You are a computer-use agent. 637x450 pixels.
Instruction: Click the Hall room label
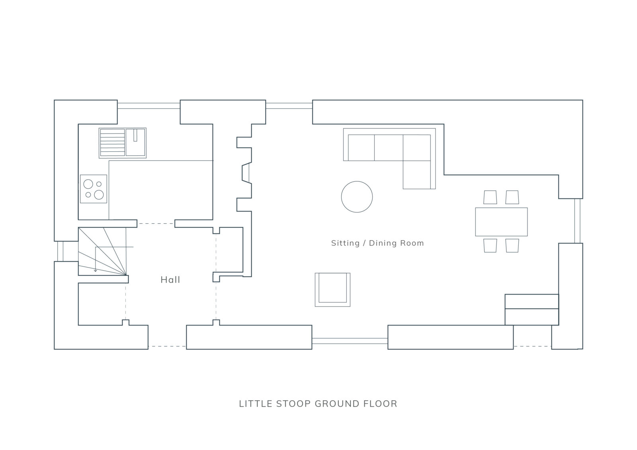pos(170,279)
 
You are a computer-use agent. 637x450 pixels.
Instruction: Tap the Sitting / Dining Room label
pos(377,243)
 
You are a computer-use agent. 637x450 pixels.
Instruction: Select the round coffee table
pos(357,197)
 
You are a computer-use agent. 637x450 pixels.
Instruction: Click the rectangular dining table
pos(501,222)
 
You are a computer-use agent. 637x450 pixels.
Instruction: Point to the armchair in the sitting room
pos(332,289)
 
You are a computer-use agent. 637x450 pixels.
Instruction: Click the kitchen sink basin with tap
pos(136,142)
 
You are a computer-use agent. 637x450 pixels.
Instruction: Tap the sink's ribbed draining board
pos(112,143)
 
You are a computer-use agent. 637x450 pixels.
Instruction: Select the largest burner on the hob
pos(99,195)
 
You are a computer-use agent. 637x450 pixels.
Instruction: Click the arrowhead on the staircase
pos(96,270)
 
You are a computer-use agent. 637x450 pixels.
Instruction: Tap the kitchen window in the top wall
pos(149,106)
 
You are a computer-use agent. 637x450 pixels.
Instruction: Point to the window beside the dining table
pos(577,221)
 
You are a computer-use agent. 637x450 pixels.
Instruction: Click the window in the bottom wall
pos(350,341)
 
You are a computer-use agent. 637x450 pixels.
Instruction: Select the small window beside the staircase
pos(60,251)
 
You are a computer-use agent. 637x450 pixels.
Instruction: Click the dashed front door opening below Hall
pos(167,346)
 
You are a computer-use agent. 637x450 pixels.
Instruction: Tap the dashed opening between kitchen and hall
pos(156,224)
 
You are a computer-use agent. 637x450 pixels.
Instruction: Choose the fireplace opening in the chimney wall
pos(246,173)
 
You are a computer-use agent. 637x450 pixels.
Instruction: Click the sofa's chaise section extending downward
pos(416,175)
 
